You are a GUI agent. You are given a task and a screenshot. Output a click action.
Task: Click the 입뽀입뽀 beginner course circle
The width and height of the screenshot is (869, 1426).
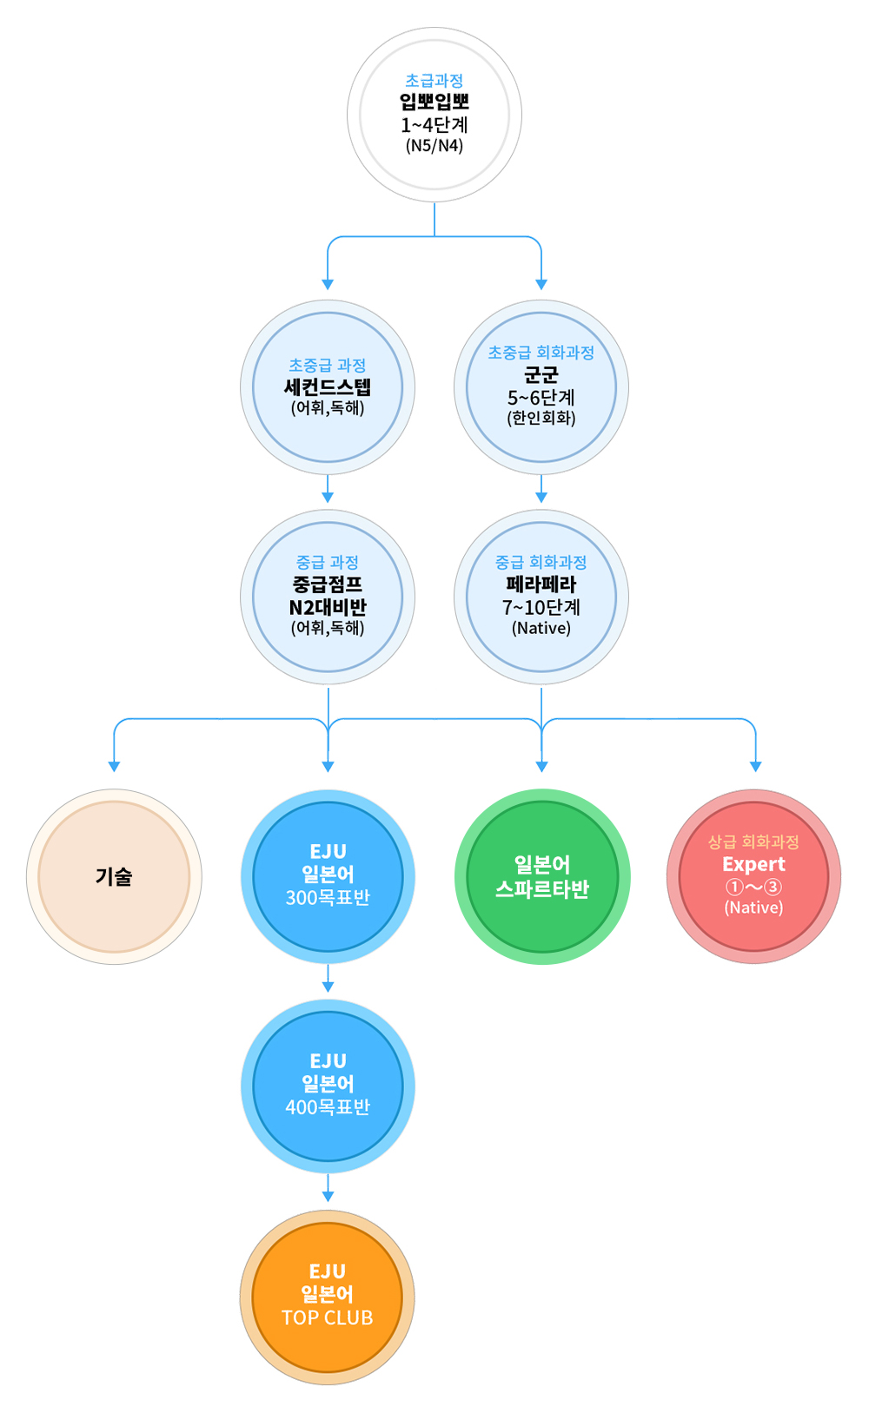(x=434, y=114)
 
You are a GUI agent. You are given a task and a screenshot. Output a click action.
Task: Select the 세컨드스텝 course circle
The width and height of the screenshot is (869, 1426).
(x=328, y=387)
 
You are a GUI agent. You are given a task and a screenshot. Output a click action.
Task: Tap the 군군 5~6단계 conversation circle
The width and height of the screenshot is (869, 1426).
(x=541, y=387)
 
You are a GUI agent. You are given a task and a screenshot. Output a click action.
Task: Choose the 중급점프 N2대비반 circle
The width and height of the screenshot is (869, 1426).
(x=328, y=597)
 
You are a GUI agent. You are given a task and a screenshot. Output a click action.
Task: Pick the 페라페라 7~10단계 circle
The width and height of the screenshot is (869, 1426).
(x=541, y=597)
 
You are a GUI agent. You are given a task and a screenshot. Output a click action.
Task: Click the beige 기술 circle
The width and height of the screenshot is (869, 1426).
(x=114, y=876)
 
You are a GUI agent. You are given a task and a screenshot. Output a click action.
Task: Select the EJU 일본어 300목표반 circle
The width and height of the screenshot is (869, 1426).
(x=328, y=876)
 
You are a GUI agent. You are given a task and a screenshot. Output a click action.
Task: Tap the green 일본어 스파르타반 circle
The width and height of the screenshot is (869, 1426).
(x=542, y=876)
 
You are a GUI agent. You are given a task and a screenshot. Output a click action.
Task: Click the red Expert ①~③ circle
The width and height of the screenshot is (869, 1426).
(x=753, y=876)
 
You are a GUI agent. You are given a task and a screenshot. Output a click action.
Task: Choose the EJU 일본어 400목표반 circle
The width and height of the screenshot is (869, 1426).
(x=328, y=1086)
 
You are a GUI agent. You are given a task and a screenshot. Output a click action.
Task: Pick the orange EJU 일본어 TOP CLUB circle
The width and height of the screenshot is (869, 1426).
(x=328, y=1297)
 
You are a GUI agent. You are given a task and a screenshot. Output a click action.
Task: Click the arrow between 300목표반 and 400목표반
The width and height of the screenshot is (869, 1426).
(x=328, y=980)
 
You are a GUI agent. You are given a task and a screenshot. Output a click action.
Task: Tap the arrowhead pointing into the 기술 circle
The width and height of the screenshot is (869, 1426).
(x=114, y=766)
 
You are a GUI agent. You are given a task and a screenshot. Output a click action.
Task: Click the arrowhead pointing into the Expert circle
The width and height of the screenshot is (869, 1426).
(x=755, y=766)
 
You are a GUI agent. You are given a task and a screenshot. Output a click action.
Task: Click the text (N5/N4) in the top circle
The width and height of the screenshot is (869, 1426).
(x=434, y=146)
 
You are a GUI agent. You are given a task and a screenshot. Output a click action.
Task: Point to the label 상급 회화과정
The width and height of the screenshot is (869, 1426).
(x=753, y=842)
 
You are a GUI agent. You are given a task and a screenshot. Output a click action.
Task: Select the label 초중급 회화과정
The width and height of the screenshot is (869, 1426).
(x=541, y=353)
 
